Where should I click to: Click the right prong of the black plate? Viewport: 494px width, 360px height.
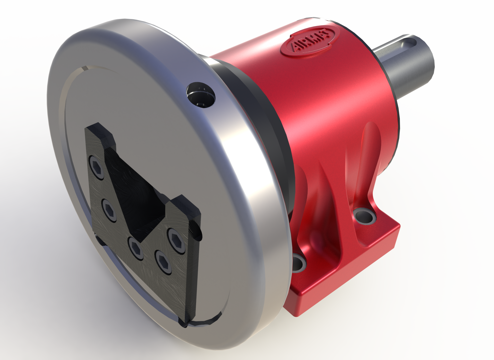tap(188, 208)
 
